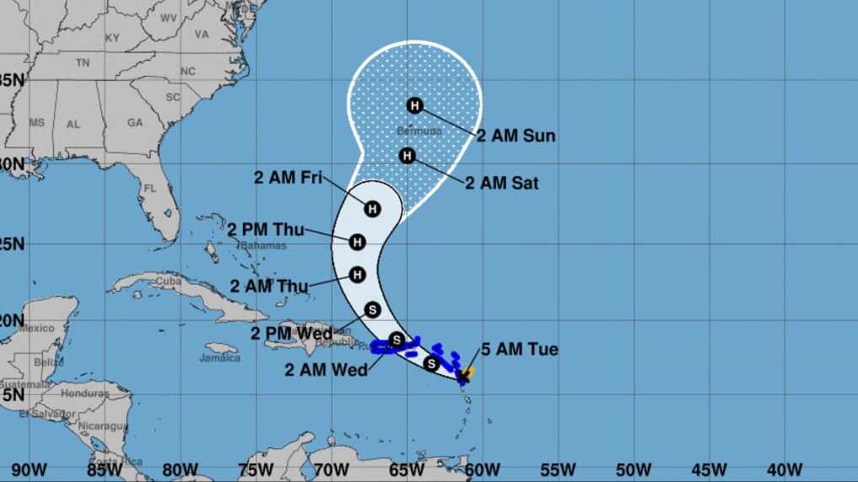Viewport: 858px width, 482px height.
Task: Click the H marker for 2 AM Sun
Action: pyautogui.click(x=414, y=105)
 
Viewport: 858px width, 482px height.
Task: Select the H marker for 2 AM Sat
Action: pyautogui.click(x=407, y=156)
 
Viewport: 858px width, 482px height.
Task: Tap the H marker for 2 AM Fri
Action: pyautogui.click(x=373, y=208)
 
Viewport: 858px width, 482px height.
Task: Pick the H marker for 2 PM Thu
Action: pyautogui.click(x=357, y=243)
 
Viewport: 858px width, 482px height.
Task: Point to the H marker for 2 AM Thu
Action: pyautogui.click(x=357, y=275)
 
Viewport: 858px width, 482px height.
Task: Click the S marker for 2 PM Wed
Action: pyautogui.click(x=373, y=309)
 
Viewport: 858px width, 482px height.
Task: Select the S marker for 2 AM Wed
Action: pyautogui.click(x=396, y=340)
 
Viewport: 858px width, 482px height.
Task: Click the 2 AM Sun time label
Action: pyautogui.click(x=515, y=136)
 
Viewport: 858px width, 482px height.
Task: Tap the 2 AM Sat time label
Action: pyautogui.click(x=501, y=183)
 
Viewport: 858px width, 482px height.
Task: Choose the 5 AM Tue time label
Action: pyautogui.click(x=520, y=350)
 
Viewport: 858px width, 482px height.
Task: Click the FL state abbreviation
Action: pyautogui.click(x=150, y=188)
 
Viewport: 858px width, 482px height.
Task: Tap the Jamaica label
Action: pyautogui.click(x=219, y=357)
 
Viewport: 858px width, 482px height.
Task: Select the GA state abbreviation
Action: pyautogui.click(x=135, y=122)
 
